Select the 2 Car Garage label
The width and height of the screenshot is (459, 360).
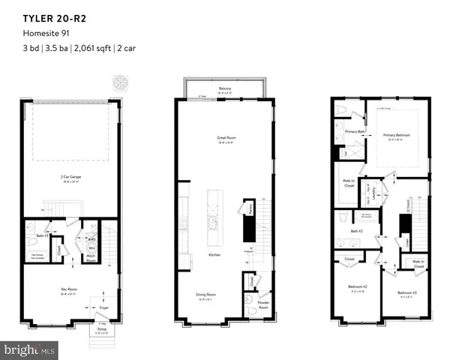tap(71, 177)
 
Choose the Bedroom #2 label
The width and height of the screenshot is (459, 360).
tap(357, 286)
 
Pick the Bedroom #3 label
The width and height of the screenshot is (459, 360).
tap(406, 292)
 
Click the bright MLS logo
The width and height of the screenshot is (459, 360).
tap(28, 349)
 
